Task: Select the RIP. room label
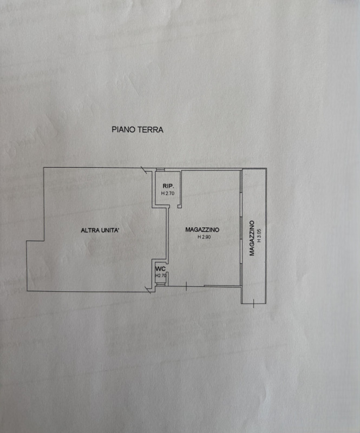click(167, 186)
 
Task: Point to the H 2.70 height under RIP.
click(167, 193)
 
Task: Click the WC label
click(160, 269)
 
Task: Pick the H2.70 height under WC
click(160, 275)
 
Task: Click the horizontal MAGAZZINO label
click(204, 230)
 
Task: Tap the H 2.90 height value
click(204, 237)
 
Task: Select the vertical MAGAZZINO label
click(252, 238)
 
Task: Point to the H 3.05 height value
click(259, 238)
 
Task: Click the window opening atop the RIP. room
click(160, 170)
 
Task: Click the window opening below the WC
click(160, 285)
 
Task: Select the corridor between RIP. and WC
click(161, 233)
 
